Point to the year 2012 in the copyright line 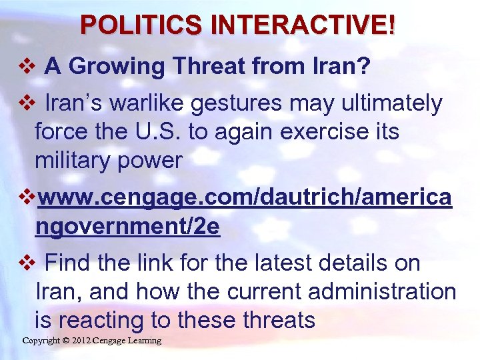[79, 341]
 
